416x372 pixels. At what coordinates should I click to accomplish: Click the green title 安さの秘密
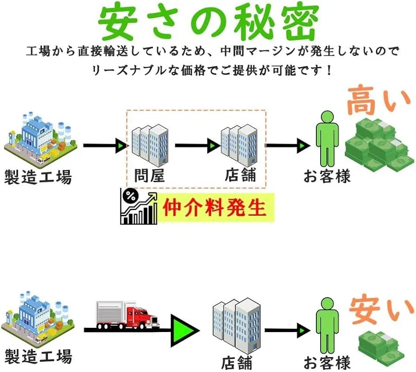click(x=208, y=22)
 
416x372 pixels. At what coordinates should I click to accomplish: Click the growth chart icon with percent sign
click(x=138, y=207)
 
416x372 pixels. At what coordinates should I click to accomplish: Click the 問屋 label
click(x=149, y=175)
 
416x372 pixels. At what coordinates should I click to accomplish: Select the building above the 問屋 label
click(x=149, y=144)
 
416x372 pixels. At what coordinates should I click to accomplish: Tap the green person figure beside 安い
click(x=326, y=325)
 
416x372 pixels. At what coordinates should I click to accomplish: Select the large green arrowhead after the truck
click(x=185, y=329)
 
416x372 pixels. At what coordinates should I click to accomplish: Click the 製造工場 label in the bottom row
click(x=39, y=357)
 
